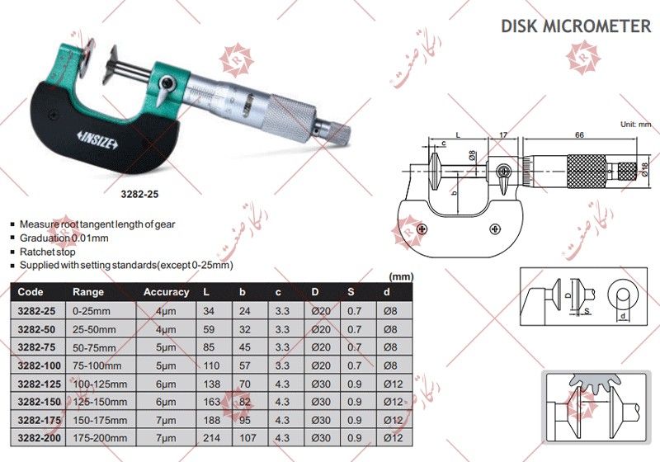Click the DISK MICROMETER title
tap(575, 26)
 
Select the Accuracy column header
tap(166, 291)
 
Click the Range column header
tap(88, 291)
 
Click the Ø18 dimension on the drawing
tap(644, 171)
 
